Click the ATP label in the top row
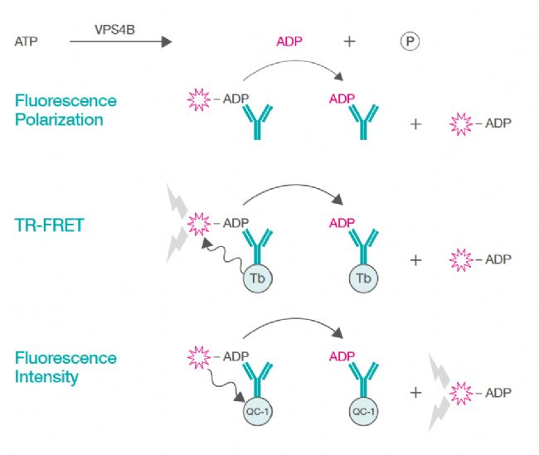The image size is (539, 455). click(x=27, y=41)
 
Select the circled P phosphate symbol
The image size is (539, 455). click(x=410, y=41)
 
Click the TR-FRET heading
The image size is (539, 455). click(x=49, y=224)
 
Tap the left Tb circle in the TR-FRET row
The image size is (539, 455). click(x=257, y=278)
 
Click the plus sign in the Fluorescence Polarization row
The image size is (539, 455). click(x=415, y=124)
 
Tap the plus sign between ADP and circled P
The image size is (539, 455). click(x=349, y=41)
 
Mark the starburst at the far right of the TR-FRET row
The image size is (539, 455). click(x=461, y=259)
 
